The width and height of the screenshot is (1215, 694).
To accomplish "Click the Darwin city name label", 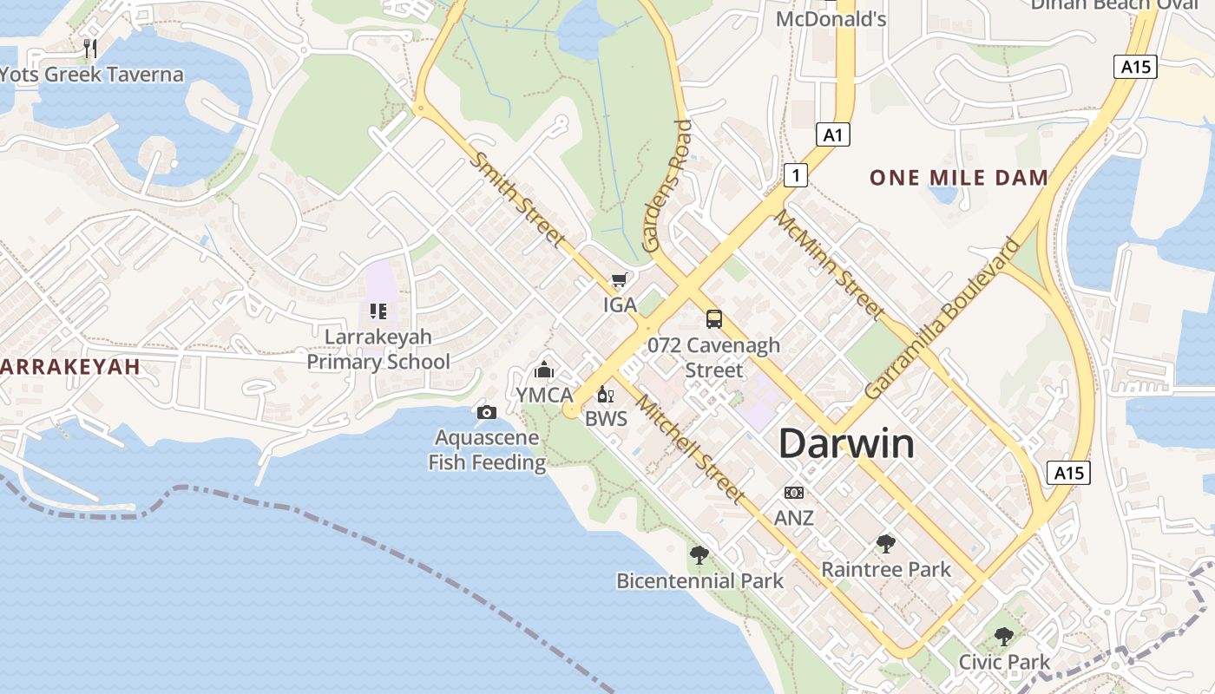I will click(x=846, y=444).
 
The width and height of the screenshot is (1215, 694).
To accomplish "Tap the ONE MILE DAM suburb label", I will click(x=959, y=179).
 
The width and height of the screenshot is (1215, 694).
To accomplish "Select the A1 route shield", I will click(x=833, y=134).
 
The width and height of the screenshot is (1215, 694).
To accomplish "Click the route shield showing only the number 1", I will click(x=796, y=175).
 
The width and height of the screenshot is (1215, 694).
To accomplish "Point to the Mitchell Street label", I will click(x=690, y=448).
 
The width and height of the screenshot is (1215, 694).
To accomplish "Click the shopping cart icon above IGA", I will click(x=619, y=279).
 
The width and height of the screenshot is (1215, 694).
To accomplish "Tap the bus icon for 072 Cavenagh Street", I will click(x=714, y=319).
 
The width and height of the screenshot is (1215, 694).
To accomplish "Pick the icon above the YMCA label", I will click(x=544, y=370).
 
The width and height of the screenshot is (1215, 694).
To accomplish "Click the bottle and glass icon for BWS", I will click(x=606, y=395).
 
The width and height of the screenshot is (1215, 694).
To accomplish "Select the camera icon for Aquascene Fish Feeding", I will click(x=487, y=412).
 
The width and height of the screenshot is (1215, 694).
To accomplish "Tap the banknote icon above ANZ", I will click(x=794, y=493).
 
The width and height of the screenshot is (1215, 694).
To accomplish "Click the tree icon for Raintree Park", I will click(x=886, y=544).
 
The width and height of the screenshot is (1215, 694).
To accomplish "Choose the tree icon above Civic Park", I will click(x=1004, y=637).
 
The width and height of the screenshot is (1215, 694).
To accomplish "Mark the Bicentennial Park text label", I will click(x=699, y=581).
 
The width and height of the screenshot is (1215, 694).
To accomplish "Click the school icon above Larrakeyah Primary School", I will click(x=378, y=311).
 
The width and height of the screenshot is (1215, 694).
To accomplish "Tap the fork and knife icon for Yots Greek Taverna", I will click(x=91, y=49).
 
